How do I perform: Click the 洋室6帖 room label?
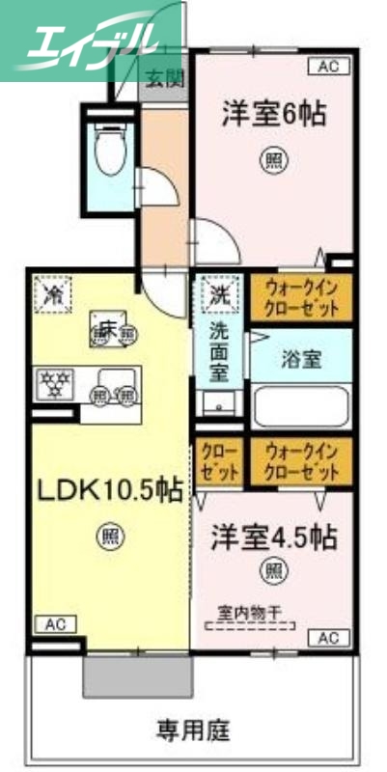[x=272, y=112]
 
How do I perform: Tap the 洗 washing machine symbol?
[x=220, y=291]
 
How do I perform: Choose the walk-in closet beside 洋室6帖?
[x=301, y=299]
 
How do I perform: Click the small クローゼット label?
[x=221, y=462]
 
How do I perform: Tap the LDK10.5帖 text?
[x=109, y=490]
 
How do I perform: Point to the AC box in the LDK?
[x=54, y=623]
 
